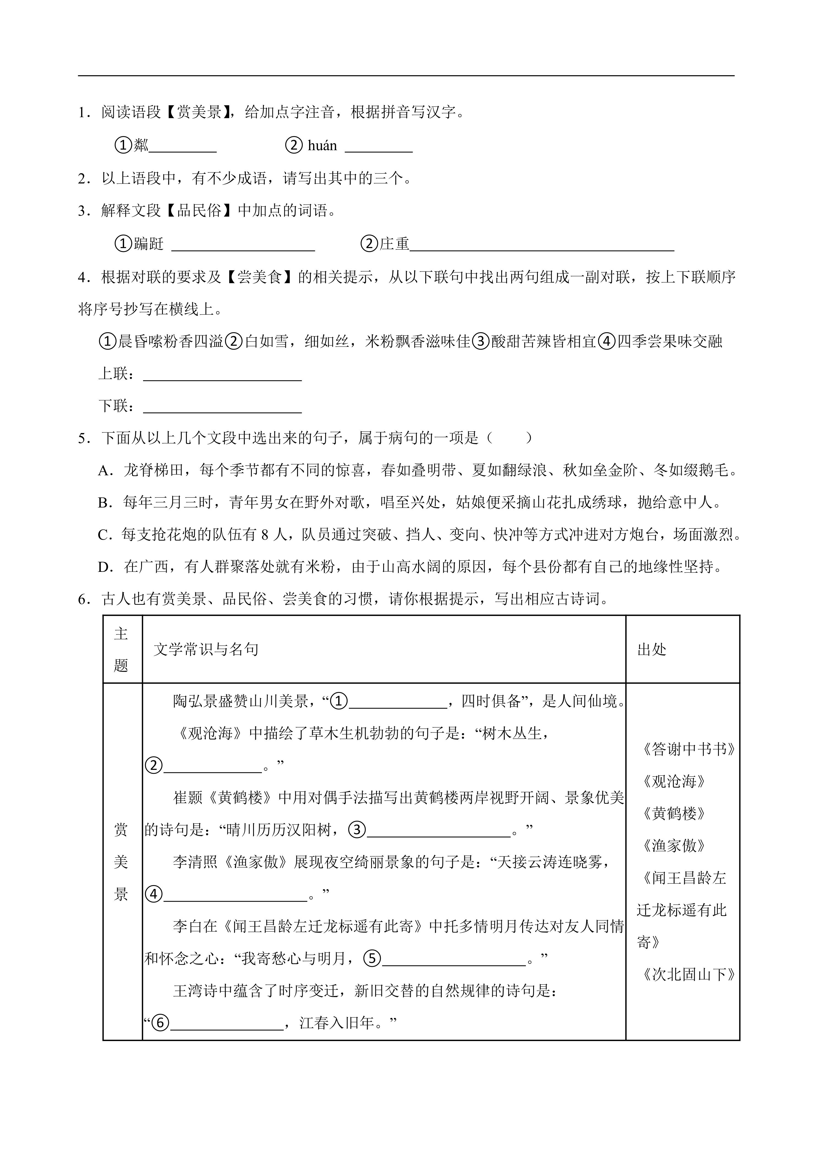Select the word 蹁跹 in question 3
point(149,244)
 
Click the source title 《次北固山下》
point(688,975)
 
